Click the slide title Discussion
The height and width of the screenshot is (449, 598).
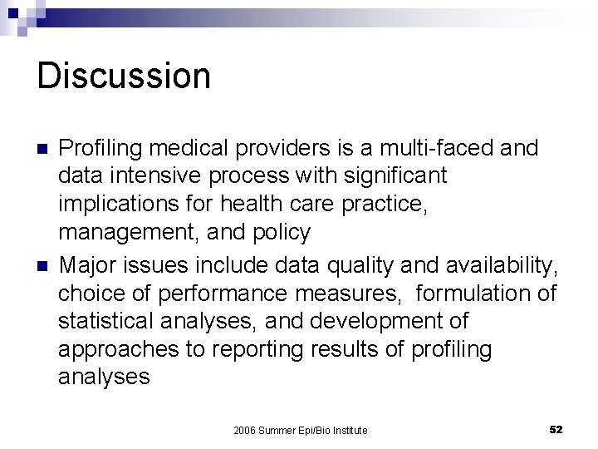pos(124,76)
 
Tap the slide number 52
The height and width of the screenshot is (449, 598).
pos(556,429)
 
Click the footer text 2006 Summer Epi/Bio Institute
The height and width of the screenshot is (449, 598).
pos(301,430)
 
